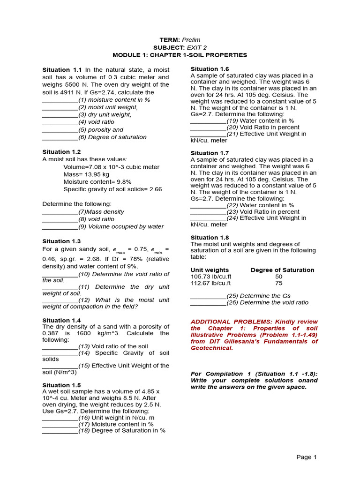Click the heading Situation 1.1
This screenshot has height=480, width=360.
coord(62,69)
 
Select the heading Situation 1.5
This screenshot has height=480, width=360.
coord(61,385)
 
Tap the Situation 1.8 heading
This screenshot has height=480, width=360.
coord(210,238)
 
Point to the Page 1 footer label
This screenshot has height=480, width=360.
coord(307,457)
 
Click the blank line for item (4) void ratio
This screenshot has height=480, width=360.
coord(60,122)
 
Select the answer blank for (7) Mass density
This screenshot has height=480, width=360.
coord(60,212)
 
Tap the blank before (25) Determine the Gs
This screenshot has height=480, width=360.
coord(208,296)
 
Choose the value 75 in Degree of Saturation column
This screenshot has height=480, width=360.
coord(278,283)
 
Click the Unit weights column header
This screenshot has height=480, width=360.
coord(210,270)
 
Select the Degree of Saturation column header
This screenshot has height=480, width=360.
coord(282,270)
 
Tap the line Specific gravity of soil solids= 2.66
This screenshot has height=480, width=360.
coord(112,189)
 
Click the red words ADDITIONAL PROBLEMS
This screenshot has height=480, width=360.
coord(225,322)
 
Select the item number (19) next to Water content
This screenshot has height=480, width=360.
coord(232,120)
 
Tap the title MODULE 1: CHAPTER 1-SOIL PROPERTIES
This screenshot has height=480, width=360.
coord(180,55)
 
